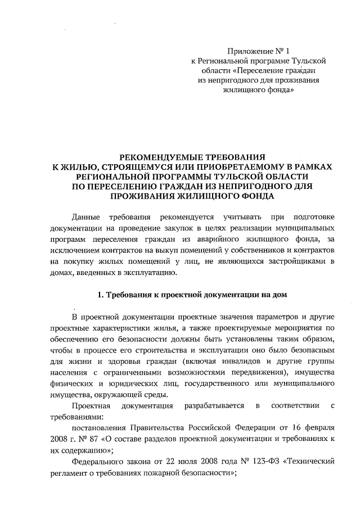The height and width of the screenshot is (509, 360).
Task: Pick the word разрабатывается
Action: [x=211, y=406]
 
